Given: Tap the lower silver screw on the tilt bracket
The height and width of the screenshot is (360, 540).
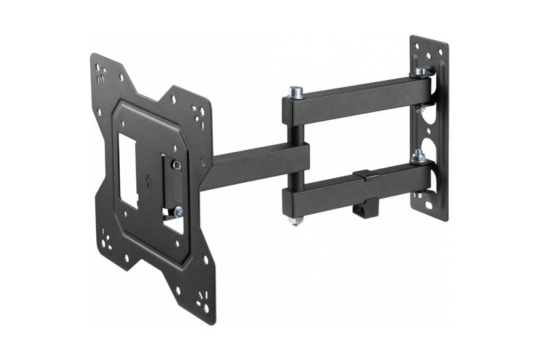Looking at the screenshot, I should pos(178,211).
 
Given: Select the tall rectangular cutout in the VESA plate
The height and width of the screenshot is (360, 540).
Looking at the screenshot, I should pos(128,172).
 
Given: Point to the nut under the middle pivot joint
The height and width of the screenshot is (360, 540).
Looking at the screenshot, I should pos(296,221).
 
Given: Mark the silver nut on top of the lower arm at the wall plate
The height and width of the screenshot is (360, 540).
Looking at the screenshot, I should pos(418,156).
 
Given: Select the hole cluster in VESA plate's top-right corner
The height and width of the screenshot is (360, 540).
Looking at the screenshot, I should pos(198,116).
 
